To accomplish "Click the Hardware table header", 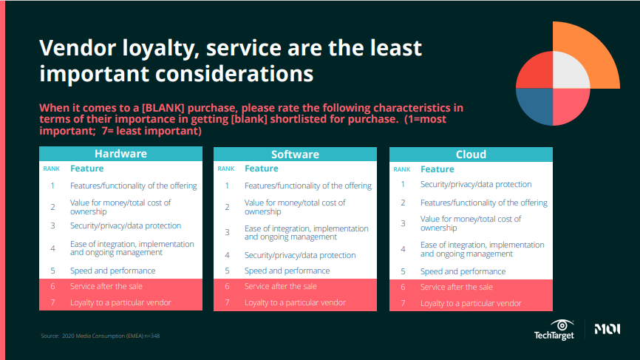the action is pos(120,154).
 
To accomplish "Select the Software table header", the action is pos(295,154).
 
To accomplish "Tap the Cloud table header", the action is pos(471,154).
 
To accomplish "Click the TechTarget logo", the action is pos(554,330).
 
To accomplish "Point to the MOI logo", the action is pos(607,329).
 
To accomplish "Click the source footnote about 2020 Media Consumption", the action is pos(101,336).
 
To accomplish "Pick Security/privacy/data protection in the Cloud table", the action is pos(476,184).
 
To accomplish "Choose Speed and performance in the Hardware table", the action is pos(112,271).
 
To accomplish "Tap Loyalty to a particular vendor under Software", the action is pos(295,302).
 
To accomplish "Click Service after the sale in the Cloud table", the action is pos(456,287).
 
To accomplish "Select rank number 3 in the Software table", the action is pos(228,232).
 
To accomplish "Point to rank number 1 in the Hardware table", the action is pos(52,186).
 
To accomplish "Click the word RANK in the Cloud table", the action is pos(402,169).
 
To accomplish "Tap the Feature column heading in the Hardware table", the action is pos(87,169).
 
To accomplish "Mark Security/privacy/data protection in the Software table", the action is pos(300,255).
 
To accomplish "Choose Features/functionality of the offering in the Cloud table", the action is pos(483,203).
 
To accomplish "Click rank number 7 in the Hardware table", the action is pos(52,302).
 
